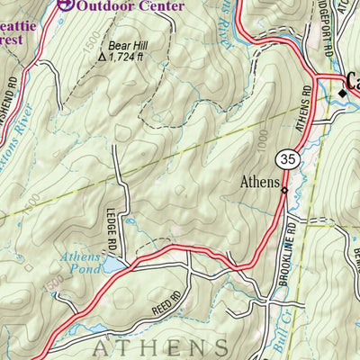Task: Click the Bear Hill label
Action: click(x=128, y=43)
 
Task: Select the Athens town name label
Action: click(x=259, y=181)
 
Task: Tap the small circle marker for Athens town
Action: click(x=283, y=190)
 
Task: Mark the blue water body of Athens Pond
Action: click(x=113, y=266)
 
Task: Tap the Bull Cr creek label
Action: click(x=288, y=315)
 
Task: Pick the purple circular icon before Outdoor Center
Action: click(x=64, y=4)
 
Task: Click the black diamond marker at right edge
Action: click(x=344, y=92)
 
